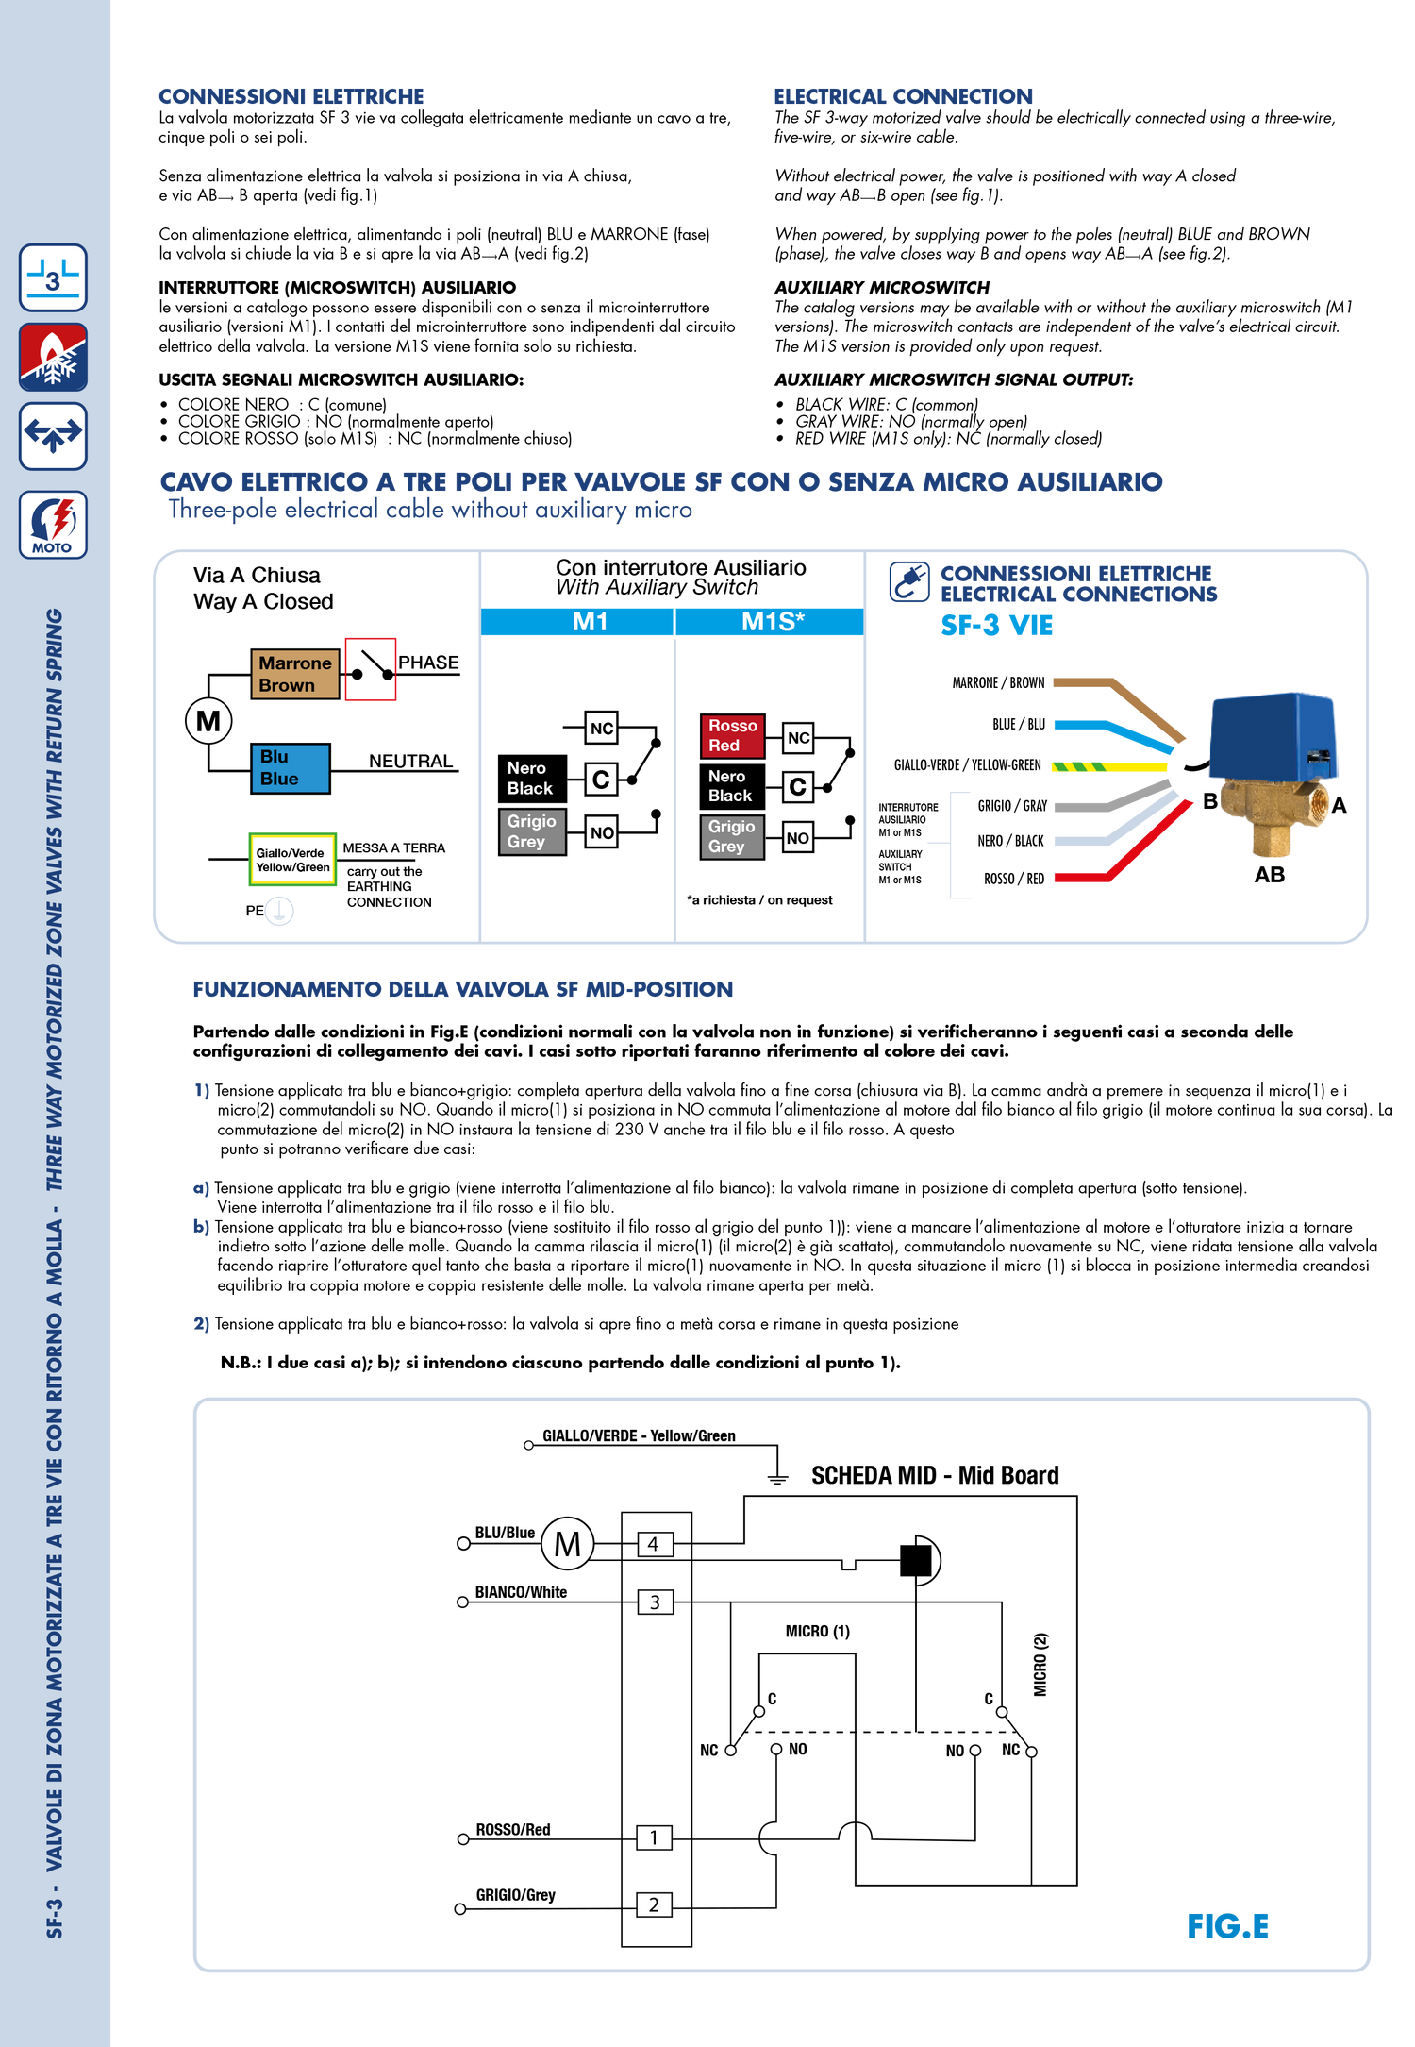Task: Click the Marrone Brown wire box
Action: [x=294, y=674]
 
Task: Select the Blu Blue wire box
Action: [x=291, y=768]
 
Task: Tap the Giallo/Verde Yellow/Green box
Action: [x=292, y=860]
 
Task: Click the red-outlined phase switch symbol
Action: [x=370, y=669]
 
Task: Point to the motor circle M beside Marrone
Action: [x=208, y=721]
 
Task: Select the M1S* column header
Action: [x=770, y=622]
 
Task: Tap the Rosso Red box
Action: [x=732, y=735]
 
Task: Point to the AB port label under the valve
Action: [x=1269, y=875]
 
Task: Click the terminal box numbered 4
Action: [x=654, y=1544]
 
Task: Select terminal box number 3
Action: [x=655, y=1602]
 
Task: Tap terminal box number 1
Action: [x=654, y=1837]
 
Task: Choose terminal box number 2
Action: [x=654, y=1904]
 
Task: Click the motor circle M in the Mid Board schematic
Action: [x=568, y=1544]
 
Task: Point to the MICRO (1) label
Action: [x=817, y=1631]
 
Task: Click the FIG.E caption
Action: [x=1227, y=1925]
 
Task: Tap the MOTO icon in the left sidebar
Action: [x=53, y=525]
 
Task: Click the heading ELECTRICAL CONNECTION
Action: [x=903, y=96]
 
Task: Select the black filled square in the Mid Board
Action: [x=915, y=1560]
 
